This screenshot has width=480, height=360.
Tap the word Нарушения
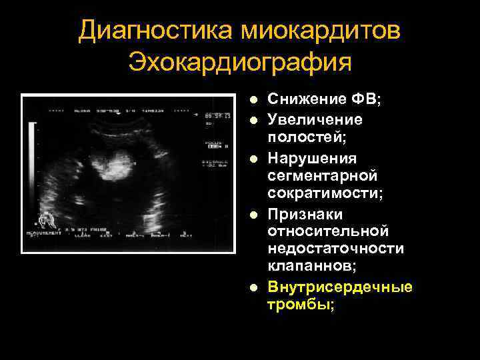coord(312,159)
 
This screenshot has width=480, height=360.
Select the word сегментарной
coord(322,176)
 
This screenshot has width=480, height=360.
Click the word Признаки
coord(305,215)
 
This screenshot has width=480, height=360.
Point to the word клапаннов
coord(310,266)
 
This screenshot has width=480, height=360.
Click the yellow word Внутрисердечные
coord(340,287)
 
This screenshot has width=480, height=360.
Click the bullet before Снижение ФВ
coord(253,100)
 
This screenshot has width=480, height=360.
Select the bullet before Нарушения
coord(253,159)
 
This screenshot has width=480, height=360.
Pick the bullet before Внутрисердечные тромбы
coord(253,287)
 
